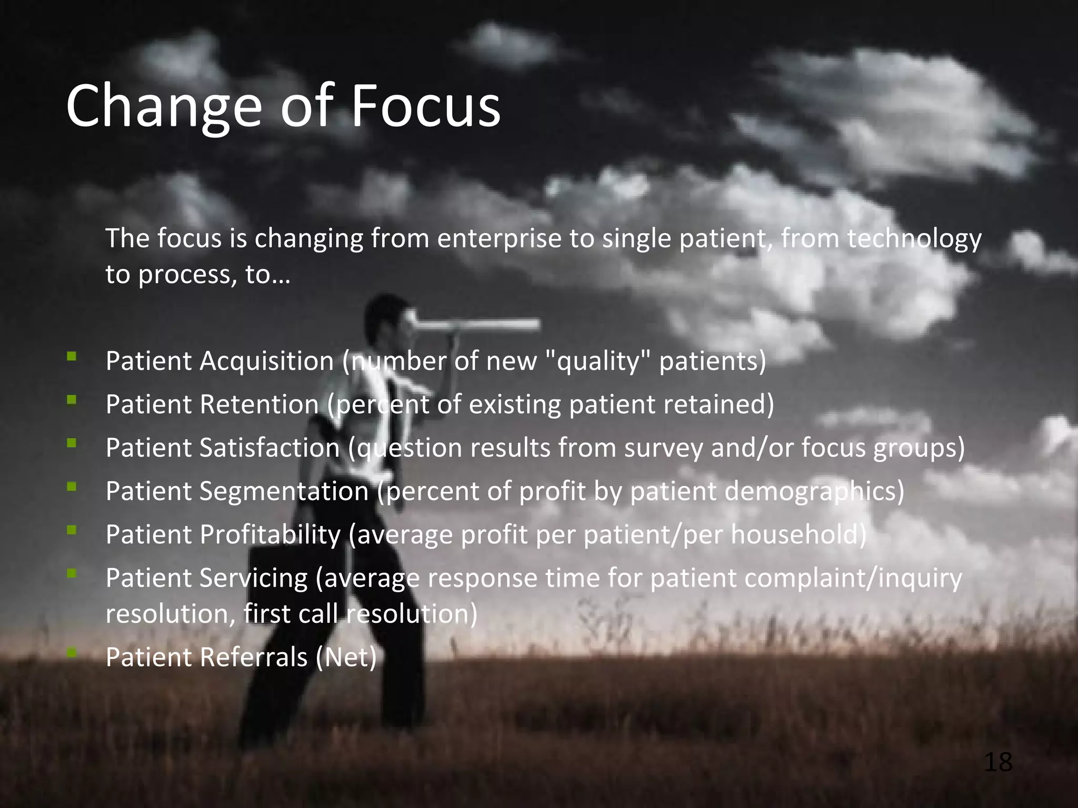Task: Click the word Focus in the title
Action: coord(425,107)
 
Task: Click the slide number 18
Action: coord(997,762)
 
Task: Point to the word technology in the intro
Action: coord(914,239)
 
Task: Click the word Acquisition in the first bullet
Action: coord(266,362)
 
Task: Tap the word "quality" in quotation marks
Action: coord(597,362)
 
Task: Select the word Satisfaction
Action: coord(269,448)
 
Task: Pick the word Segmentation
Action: coord(284,492)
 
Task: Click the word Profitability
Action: coord(270,535)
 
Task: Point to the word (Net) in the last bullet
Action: coord(346,658)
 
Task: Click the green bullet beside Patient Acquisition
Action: coord(72,357)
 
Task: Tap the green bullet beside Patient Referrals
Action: coord(72,653)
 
